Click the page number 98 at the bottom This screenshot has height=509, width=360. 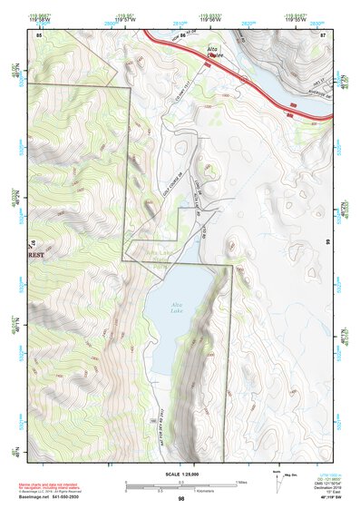tap(182, 500)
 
